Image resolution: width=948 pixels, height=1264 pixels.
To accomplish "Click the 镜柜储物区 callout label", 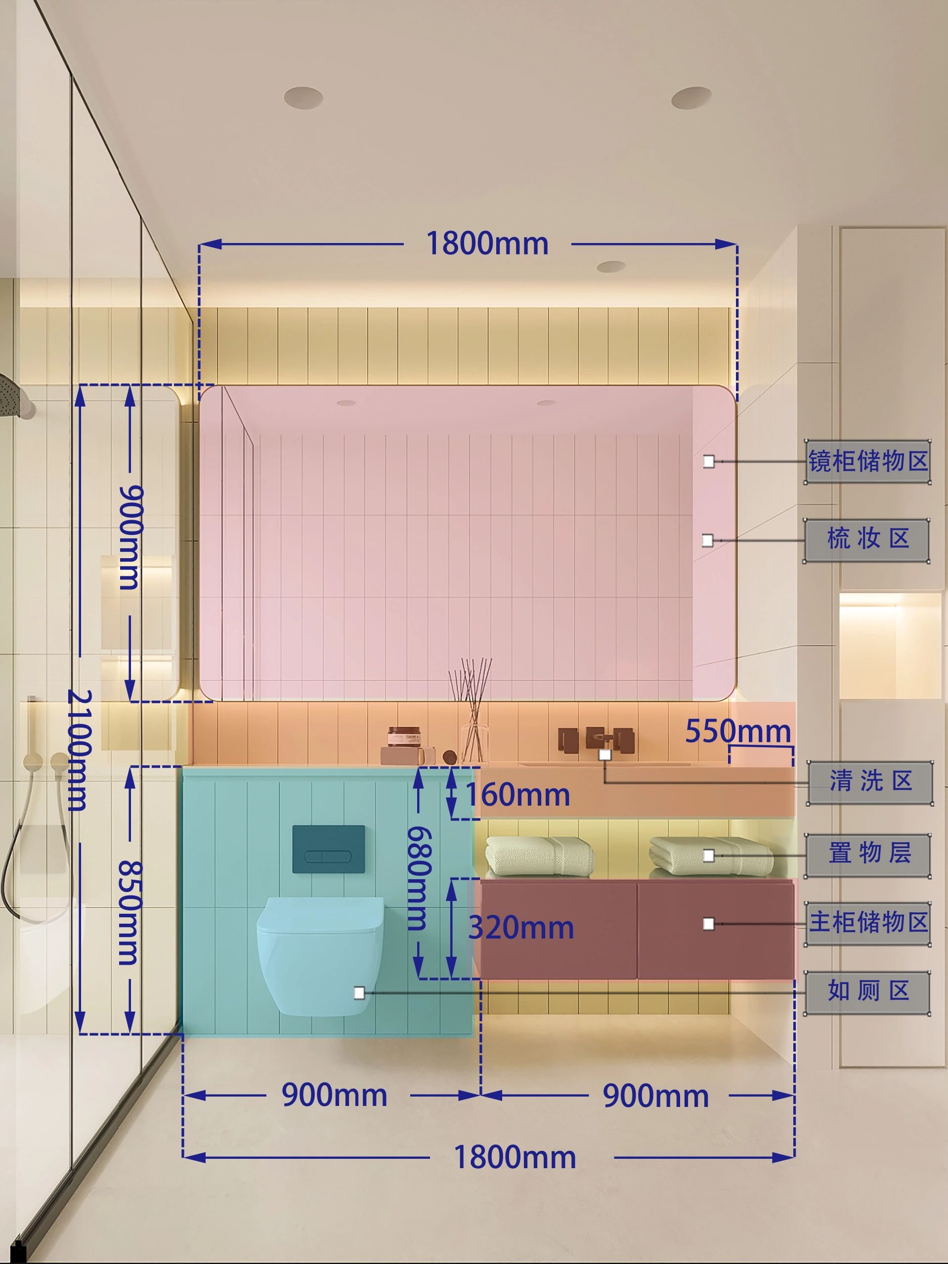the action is click(867, 461).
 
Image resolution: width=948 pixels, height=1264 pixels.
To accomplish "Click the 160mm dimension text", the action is click(518, 795).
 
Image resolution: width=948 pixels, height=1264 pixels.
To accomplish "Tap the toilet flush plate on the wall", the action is click(329, 850).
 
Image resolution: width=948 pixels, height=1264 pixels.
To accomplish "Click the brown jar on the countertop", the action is click(404, 736).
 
